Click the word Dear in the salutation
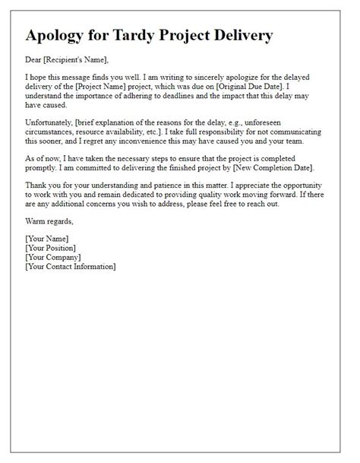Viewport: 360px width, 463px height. click(34, 61)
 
